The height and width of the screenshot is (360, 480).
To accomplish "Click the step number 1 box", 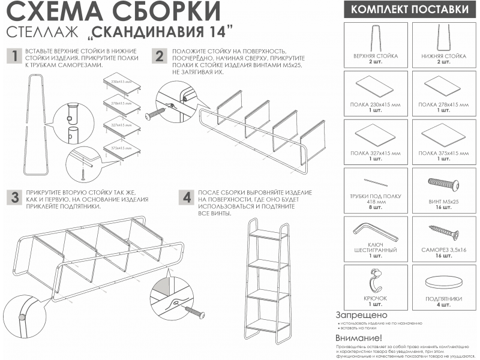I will [13, 56].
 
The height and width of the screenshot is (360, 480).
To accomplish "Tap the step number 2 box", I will [159, 56].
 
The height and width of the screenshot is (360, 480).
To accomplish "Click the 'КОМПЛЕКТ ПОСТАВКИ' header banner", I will [409, 10].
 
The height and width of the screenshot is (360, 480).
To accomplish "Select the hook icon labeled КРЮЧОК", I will [375, 279].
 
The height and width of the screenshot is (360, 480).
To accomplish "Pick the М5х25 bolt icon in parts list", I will [443, 182].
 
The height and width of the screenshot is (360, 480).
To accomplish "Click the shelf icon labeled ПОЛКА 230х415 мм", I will [375, 85].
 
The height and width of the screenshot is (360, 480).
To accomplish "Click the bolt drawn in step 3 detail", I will [195, 311].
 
